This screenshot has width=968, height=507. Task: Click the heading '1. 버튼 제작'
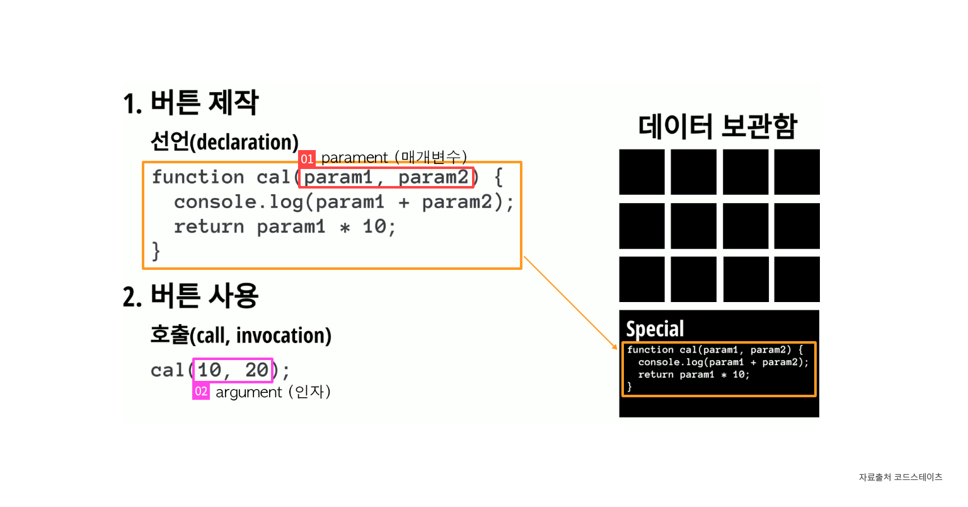(x=191, y=103)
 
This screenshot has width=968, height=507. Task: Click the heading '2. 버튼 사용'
(x=191, y=296)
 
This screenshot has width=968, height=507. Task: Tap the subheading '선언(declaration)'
(x=224, y=142)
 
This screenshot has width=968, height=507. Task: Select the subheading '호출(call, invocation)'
(x=241, y=335)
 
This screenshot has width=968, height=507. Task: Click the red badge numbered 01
(x=307, y=158)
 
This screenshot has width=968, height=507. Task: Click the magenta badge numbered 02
(x=201, y=392)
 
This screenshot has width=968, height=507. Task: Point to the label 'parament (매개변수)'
(x=394, y=157)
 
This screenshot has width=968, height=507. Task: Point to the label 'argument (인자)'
(x=273, y=392)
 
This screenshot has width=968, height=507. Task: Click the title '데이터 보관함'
(x=718, y=126)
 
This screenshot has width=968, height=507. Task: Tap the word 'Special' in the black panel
(x=655, y=329)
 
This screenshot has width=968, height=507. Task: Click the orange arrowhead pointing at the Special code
(x=616, y=346)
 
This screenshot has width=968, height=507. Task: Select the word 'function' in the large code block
(x=198, y=177)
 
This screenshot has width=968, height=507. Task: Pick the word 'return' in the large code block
(x=209, y=227)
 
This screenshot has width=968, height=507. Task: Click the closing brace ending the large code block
(x=156, y=252)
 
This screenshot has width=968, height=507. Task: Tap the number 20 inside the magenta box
(x=256, y=370)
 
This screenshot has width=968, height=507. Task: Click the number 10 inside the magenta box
(x=209, y=370)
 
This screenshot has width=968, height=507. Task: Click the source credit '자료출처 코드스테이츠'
(x=900, y=477)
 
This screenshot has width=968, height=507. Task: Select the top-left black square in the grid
(x=642, y=172)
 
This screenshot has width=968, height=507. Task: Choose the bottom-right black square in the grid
(x=797, y=279)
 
